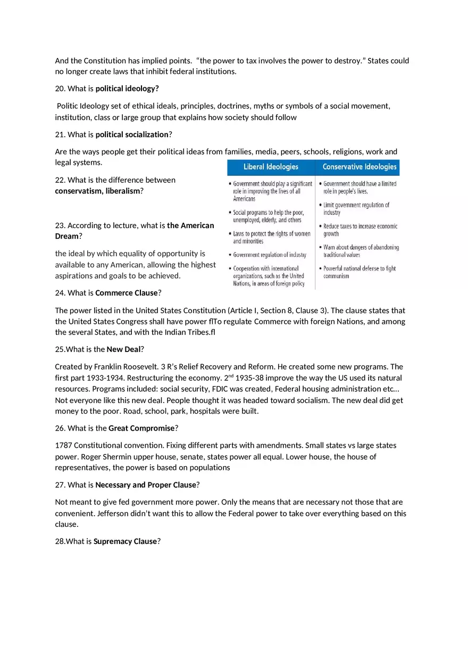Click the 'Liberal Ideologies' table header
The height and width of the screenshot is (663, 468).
click(x=271, y=167)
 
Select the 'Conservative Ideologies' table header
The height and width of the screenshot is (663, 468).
click(x=360, y=167)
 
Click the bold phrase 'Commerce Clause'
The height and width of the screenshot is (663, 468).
click(x=127, y=293)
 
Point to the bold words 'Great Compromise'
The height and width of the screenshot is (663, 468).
click(x=141, y=428)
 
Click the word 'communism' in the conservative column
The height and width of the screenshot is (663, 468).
click(x=336, y=276)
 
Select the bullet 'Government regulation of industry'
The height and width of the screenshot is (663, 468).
click(x=269, y=255)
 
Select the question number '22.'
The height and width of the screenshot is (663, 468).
click(x=60, y=180)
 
